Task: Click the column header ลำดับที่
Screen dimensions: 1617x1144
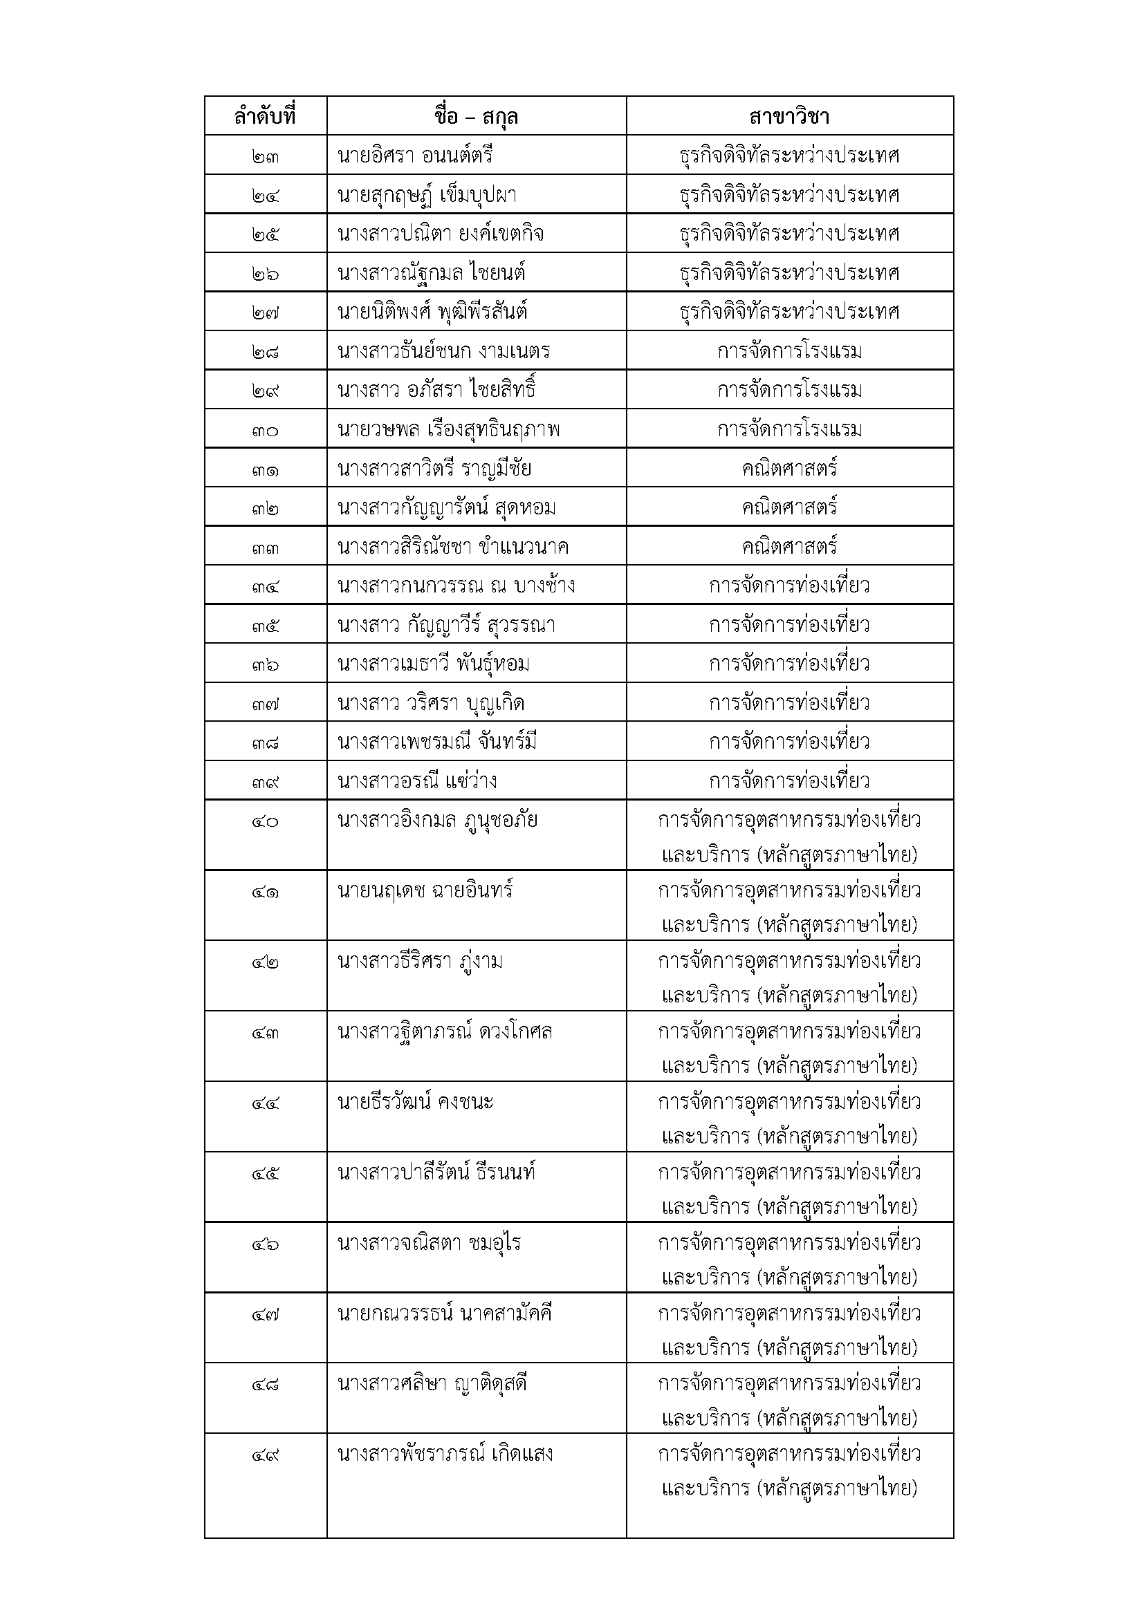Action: (265, 116)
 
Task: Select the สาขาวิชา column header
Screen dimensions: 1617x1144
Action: (789, 116)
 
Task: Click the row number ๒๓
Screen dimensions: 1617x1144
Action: (265, 156)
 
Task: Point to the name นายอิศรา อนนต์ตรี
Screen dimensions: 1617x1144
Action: (415, 155)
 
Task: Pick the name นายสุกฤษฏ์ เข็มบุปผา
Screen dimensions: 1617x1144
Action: (427, 194)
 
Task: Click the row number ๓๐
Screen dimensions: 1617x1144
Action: (265, 429)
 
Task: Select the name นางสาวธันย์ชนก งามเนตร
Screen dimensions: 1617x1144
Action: (444, 350)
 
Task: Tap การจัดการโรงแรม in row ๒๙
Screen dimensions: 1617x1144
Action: (789, 389)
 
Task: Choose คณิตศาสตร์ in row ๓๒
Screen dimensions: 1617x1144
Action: (789, 507)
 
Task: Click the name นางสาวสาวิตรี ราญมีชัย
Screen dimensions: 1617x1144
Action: (434, 468)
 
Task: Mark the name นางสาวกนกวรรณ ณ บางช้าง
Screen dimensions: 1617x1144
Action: (456, 586)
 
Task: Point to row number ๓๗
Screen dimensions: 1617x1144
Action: (265, 703)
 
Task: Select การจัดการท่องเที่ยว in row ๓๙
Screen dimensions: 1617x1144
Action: (789, 781)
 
